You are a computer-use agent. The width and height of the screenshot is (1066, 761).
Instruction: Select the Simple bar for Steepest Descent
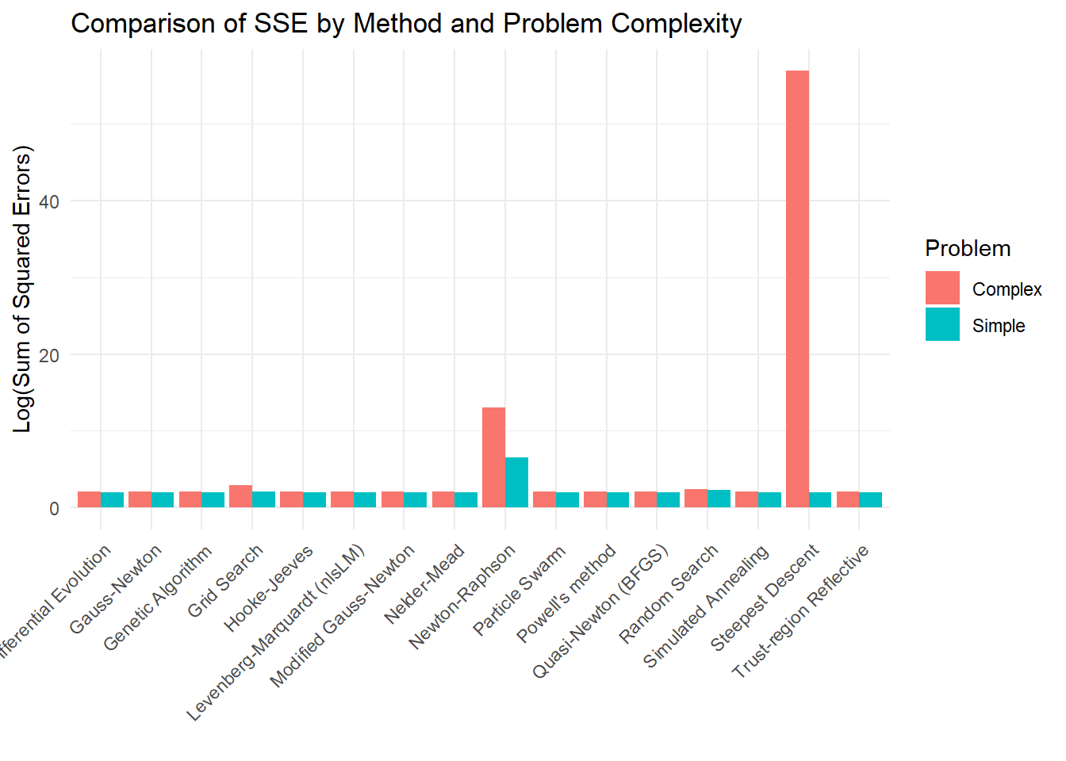820,500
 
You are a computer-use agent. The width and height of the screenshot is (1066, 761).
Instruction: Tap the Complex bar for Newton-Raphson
493,457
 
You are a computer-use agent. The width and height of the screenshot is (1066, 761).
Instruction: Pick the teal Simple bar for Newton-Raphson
516,483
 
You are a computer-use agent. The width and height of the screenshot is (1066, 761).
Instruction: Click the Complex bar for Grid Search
240,497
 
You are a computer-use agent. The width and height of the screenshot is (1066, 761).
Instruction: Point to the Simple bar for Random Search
719,499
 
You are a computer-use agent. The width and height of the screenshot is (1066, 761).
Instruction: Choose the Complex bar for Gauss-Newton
140,500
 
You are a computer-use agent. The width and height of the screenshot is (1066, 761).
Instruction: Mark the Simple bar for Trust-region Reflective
870,500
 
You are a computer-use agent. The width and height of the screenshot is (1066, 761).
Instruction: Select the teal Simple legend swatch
942,325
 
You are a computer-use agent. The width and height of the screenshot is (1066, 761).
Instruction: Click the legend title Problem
968,249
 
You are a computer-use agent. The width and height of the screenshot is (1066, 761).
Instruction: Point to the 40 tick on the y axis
49,202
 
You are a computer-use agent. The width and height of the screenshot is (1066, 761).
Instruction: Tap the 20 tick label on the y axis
49,355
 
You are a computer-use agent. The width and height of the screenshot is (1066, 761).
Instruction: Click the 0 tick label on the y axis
54,509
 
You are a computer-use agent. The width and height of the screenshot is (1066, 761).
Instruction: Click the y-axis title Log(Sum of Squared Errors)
22,289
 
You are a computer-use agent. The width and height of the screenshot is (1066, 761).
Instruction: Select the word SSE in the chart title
281,24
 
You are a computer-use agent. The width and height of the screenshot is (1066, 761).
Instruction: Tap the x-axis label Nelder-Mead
424,585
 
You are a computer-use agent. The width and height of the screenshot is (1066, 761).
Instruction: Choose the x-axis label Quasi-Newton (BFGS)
600,612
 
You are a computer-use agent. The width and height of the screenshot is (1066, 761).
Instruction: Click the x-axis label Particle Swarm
519,591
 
